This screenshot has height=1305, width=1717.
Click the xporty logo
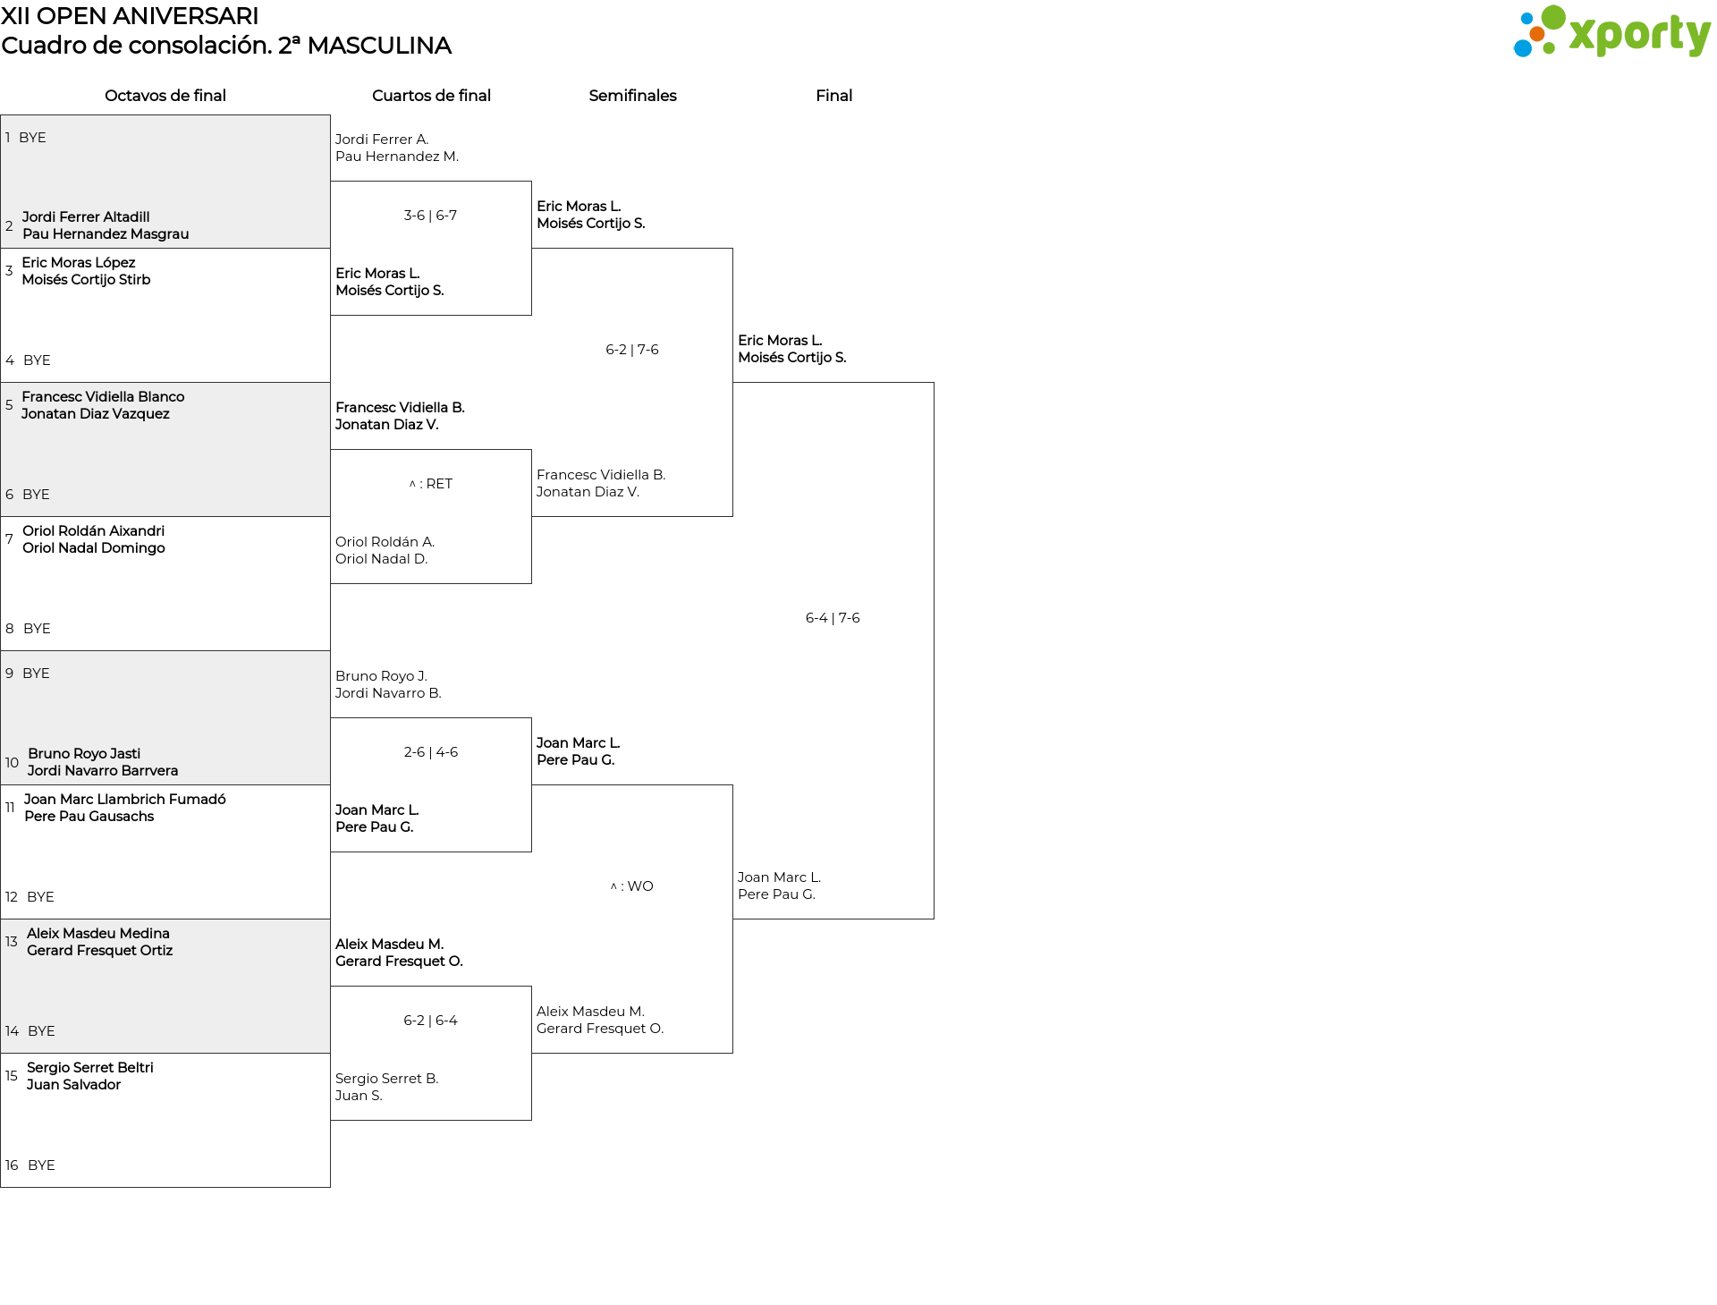coord(1611,32)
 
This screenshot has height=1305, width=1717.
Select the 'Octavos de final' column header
coord(165,96)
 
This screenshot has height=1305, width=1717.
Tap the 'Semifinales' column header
coord(632,96)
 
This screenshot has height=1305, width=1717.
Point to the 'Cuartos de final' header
coord(431,96)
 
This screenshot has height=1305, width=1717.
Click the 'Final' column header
coord(833,96)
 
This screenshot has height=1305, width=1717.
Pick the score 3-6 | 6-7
coord(430,216)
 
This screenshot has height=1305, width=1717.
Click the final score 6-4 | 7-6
coord(833,618)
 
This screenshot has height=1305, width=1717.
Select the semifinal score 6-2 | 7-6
coord(632,350)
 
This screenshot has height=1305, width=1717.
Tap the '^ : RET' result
coord(431,484)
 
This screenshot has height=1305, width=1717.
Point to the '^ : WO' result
coord(632,886)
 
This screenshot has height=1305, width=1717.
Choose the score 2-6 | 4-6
coord(431,752)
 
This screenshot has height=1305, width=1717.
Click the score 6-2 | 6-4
coord(430,1021)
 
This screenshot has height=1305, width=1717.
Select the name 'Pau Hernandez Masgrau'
coord(106,234)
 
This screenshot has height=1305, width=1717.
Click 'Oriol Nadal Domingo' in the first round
coord(94,548)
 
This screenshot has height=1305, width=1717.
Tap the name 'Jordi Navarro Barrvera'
coord(103,771)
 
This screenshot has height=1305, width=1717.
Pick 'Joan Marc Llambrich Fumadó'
coord(125,800)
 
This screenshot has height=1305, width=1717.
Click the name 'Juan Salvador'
coord(73,1085)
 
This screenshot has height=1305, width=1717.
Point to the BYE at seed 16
coord(41,1165)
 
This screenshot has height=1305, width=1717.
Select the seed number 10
coord(12,763)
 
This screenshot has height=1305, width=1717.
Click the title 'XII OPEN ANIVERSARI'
coord(130,16)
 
